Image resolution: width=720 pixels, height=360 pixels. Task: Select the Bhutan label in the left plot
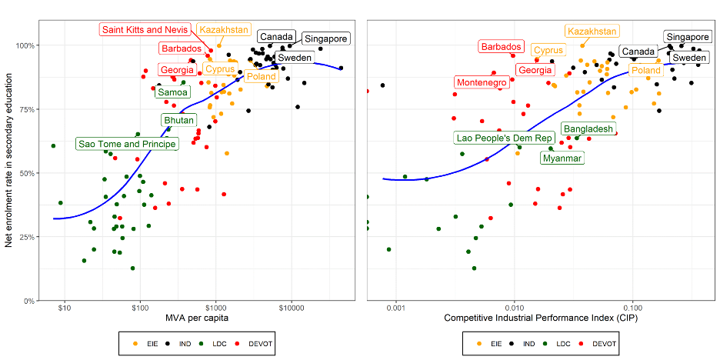[178, 120]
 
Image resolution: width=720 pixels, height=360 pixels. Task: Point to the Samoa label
[173, 92]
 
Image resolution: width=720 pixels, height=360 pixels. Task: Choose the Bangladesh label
[588, 128]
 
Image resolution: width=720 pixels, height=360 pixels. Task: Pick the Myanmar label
[562, 158]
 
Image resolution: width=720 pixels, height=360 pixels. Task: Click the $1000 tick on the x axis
[216, 309]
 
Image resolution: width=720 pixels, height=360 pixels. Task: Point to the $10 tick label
[65, 309]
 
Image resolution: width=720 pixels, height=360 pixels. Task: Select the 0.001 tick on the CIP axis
[395, 309]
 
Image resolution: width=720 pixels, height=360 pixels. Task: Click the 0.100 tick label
[632, 309]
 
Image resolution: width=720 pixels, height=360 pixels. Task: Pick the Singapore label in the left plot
[325, 39]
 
